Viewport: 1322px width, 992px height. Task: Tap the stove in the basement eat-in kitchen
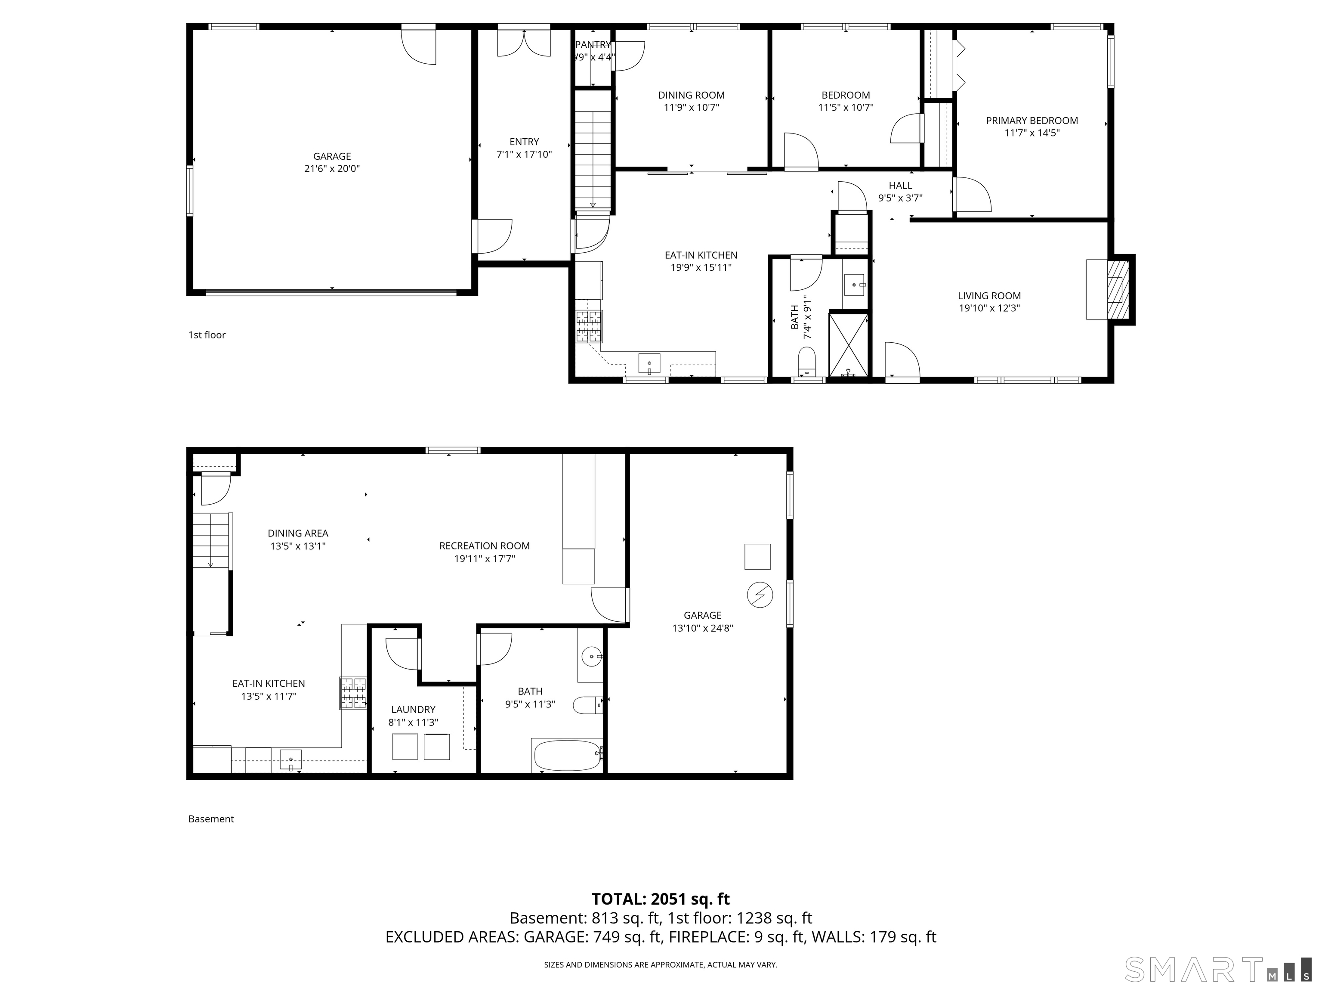pos(353,692)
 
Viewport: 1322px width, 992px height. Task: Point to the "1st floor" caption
pos(207,335)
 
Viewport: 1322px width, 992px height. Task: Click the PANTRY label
pos(593,45)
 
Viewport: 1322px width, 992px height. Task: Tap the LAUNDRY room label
pos(413,710)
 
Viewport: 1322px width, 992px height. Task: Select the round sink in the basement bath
pos(592,657)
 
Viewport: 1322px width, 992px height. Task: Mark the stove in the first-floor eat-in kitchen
pos(589,326)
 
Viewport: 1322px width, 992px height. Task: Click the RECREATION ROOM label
pos(484,546)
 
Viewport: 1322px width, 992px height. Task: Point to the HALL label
pos(900,186)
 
